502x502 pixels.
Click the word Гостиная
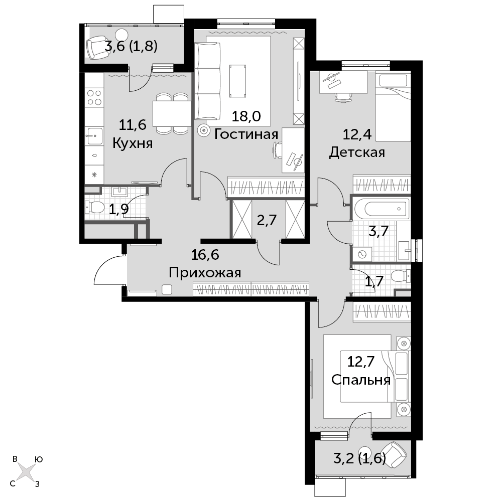pos(246,134)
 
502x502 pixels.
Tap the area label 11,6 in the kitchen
pos(133,124)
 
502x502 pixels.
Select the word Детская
pos(357,152)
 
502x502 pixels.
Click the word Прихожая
pos(205,273)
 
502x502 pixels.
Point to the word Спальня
pos(361,380)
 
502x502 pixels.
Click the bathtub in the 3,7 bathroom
pos(382,209)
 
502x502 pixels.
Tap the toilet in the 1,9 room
pos(94,207)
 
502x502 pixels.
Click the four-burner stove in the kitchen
pos(94,98)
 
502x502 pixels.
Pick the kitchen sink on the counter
pos(94,136)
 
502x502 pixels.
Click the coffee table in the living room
pos(238,81)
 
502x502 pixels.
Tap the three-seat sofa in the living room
pos(208,82)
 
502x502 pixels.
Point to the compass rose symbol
pos(26,471)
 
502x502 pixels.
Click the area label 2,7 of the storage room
pos(267,220)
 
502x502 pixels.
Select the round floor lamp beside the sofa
pos(203,130)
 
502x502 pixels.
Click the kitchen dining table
pos(171,114)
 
